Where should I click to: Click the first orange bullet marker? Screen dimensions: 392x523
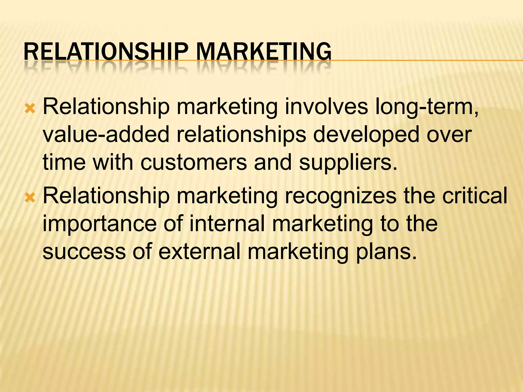point(30,109)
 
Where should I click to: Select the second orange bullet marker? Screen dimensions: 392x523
point(30,198)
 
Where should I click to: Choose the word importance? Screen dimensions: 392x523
point(99,224)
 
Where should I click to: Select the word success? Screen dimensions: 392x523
point(84,252)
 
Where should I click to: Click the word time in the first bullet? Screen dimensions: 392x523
point(64,163)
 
